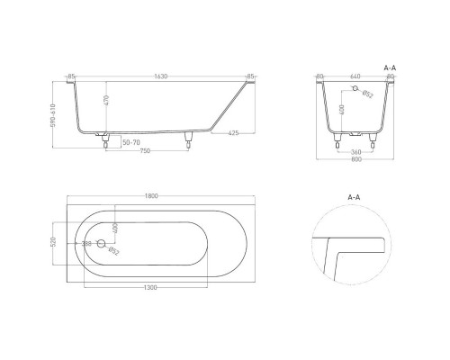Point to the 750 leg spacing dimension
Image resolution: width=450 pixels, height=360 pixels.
[x=145, y=151]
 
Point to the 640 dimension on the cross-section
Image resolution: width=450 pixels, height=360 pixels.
[x=355, y=76]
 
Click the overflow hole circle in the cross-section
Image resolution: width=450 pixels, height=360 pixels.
[x=354, y=94]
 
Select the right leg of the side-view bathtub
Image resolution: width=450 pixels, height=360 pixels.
[x=189, y=139]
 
